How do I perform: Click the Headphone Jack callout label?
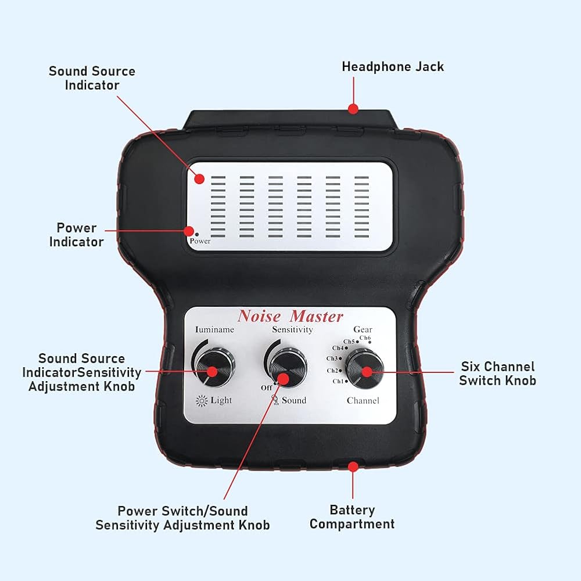pos(392,66)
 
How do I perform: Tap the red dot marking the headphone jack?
pos(353,108)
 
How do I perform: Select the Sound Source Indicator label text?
pos(92,78)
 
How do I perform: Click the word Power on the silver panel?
pos(200,241)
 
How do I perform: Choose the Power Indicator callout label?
pos(76,235)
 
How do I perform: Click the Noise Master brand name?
pos(290,317)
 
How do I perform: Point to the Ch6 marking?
pos(365,338)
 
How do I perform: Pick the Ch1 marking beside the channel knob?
pos(338,381)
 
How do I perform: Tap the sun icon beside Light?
pos(202,400)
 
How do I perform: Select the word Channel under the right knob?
pos(363,400)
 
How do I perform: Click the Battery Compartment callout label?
pos(352,517)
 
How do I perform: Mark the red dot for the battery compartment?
pos(352,466)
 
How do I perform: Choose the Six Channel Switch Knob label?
pos(497,374)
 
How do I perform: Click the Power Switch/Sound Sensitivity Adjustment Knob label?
pos(182,518)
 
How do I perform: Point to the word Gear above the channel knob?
pos(363,329)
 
